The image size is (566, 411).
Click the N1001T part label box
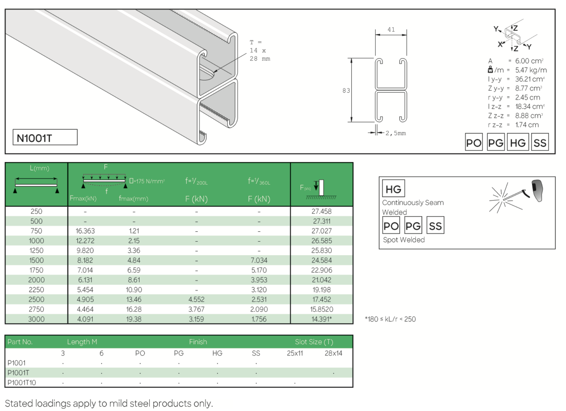click(x=45, y=137)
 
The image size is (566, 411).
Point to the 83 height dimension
click(x=346, y=91)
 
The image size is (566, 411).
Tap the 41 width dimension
click(x=391, y=29)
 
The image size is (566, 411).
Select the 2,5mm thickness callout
click(x=396, y=133)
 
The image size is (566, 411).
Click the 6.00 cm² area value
click(x=529, y=61)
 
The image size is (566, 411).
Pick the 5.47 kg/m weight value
click(x=531, y=70)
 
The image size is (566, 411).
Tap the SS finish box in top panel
click(x=540, y=142)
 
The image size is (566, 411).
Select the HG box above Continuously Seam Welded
click(x=393, y=189)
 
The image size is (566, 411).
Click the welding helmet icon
click(x=537, y=190)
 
